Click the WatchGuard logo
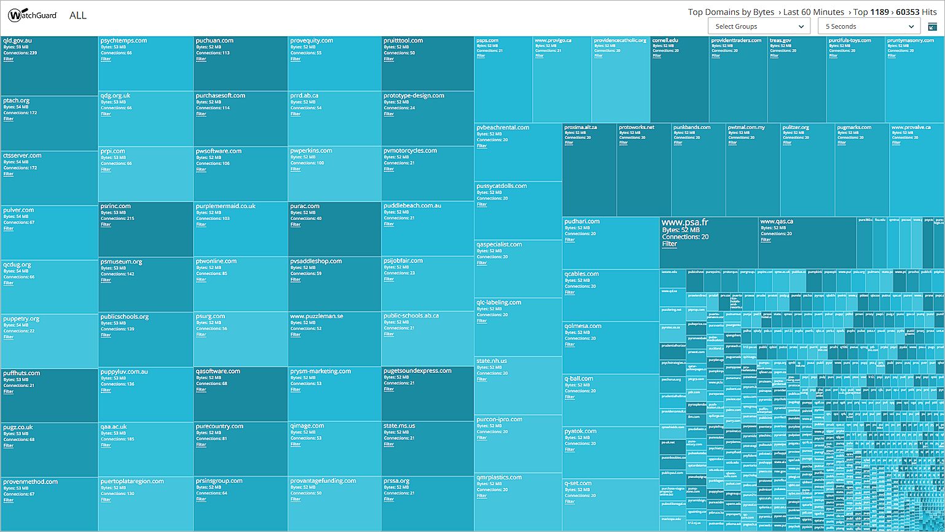[x=33, y=15]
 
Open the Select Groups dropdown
[x=759, y=26]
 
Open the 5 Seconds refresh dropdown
[x=869, y=26]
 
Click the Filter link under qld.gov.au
[x=9, y=60]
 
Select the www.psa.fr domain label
[x=684, y=222]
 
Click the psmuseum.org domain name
[x=121, y=262]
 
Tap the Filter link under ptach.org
[x=9, y=119]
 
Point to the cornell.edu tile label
[x=665, y=41]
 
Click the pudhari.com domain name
[x=582, y=221]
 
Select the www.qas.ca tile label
[x=777, y=221]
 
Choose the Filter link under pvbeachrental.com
[x=482, y=146]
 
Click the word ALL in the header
[x=78, y=15]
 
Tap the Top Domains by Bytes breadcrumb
[x=731, y=12]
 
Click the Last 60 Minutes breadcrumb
[x=814, y=12]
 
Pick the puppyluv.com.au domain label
[x=124, y=372]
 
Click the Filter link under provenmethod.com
[x=9, y=501]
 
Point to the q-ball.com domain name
[x=579, y=378]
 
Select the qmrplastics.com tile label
[x=499, y=477]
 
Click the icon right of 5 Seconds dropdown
[x=932, y=26]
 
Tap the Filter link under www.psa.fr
[x=669, y=244]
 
